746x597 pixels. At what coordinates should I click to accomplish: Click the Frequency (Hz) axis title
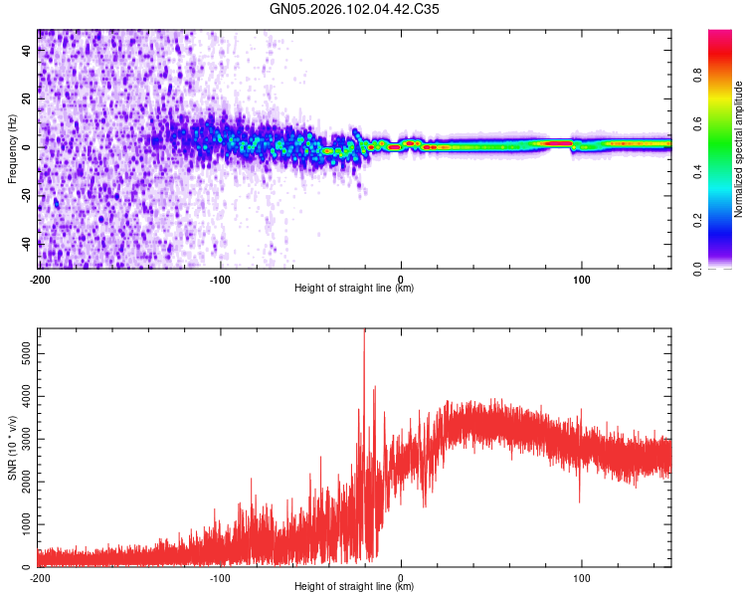pyautogui.click(x=12, y=149)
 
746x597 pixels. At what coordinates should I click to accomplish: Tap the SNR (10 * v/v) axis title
pyautogui.click(x=12, y=448)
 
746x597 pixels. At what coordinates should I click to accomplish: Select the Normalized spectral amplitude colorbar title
pyautogui.click(x=738, y=149)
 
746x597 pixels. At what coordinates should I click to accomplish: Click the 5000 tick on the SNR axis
pyautogui.click(x=21, y=352)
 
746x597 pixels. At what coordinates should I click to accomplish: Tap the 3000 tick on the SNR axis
pyautogui.click(x=21, y=438)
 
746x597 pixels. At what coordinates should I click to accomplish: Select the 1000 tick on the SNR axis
pyautogui.click(x=21, y=523)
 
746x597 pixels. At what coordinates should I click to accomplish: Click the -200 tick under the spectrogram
pyautogui.click(x=39, y=279)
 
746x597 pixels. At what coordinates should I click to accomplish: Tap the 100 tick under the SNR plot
pyautogui.click(x=581, y=577)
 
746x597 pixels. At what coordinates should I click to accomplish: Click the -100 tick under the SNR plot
pyautogui.click(x=220, y=577)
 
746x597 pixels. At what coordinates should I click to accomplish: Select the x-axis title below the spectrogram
pyautogui.click(x=354, y=289)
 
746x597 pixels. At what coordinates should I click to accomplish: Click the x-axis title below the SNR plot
pyautogui.click(x=354, y=587)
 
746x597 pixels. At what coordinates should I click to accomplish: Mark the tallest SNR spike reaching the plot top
pyautogui.click(x=364, y=333)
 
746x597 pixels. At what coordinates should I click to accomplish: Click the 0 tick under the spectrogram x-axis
pyautogui.click(x=401, y=279)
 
